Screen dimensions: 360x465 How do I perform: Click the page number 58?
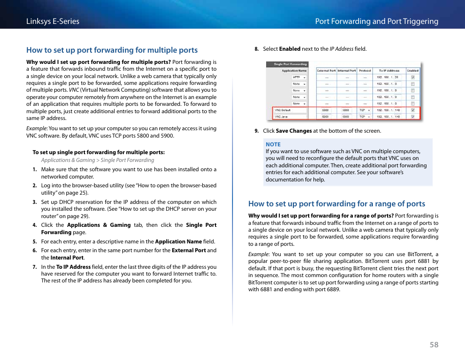[434, 344]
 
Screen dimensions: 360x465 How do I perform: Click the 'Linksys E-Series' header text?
[53, 21]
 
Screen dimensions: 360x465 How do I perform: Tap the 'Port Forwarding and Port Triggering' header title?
[376, 21]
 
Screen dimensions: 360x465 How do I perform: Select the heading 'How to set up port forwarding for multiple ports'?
[112, 50]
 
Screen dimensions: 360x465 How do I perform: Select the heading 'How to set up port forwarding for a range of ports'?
[336, 204]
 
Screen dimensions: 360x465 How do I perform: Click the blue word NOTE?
[273, 144]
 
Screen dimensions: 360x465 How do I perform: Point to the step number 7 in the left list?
[35, 267]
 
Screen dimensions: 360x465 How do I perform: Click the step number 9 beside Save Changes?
[256, 131]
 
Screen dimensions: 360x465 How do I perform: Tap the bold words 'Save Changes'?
[293, 131]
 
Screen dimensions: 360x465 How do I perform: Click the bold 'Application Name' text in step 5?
[178, 241]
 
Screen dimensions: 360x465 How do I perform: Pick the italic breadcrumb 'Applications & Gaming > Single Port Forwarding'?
[97, 160]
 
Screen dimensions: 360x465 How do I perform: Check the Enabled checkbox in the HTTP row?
[413, 77]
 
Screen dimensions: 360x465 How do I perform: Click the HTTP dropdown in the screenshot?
[299, 77]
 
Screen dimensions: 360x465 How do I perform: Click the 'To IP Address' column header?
[389, 71]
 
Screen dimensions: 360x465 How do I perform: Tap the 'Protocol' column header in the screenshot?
[365, 71]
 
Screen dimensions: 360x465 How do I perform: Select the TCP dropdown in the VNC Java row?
[365, 117]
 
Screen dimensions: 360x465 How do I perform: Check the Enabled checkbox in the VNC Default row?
[413, 110]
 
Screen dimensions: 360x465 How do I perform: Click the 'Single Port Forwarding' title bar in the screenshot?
[291, 64]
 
